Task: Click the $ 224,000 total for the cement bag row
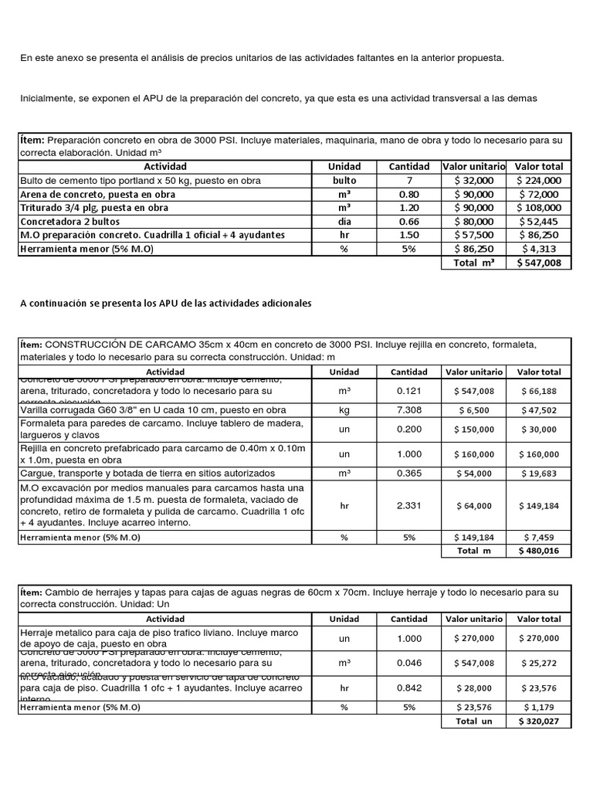click(540, 180)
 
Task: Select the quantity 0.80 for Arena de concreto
click(409, 194)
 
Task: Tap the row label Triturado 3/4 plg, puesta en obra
click(93, 208)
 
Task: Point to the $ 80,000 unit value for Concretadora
click(474, 222)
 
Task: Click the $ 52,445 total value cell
click(540, 222)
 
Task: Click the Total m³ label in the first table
click(474, 263)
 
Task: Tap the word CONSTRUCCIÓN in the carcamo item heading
click(93, 345)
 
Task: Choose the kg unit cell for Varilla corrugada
click(344, 409)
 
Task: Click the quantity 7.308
click(409, 409)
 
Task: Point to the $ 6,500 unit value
click(474, 410)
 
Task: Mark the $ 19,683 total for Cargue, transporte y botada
click(540, 473)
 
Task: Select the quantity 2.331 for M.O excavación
click(409, 505)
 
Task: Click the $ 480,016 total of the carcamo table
click(540, 551)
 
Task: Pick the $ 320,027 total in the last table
click(540, 721)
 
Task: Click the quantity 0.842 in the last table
click(409, 688)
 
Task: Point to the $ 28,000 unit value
click(474, 688)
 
